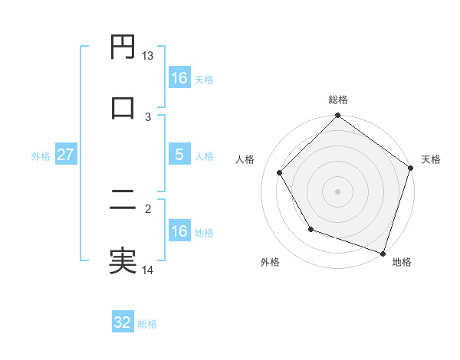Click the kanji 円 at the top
pos(123,48)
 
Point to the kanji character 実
pos(123,261)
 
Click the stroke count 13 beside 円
pos(148,56)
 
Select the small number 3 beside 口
pos(148,116)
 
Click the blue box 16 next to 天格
pos(179,78)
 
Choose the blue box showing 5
pos(179,155)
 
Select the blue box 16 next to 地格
pos(179,231)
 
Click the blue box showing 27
pos(66,155)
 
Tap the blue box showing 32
pos(123,322)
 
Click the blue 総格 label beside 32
pos(147,324)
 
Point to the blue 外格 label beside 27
pos(41,156)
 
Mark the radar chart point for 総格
pos(337,117)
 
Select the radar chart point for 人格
pos(279,172)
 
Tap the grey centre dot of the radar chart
pos(337,191)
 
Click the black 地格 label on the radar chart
pos(402,263)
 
